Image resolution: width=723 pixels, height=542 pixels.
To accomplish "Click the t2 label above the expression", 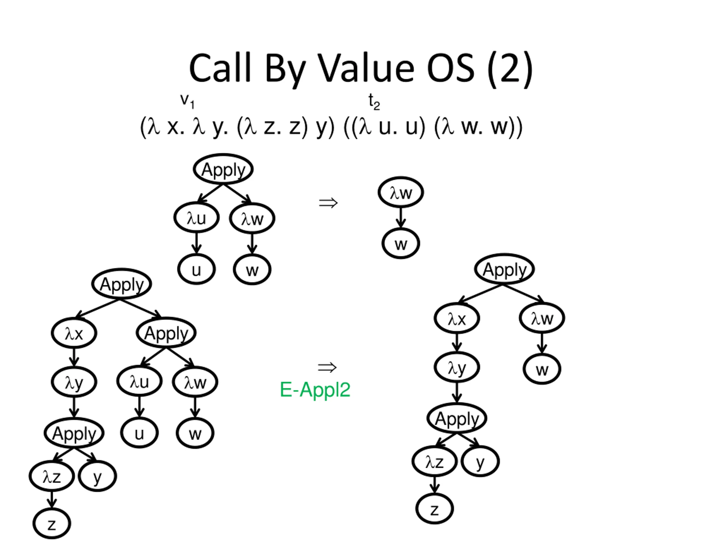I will point(374,102).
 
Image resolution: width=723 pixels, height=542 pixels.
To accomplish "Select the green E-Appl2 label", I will point(315,390).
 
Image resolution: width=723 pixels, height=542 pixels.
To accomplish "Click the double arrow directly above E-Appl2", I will point(327,367).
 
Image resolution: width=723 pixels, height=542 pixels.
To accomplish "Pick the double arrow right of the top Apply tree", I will point(328,203).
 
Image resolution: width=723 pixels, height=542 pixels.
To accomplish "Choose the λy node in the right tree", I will point(457,368).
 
